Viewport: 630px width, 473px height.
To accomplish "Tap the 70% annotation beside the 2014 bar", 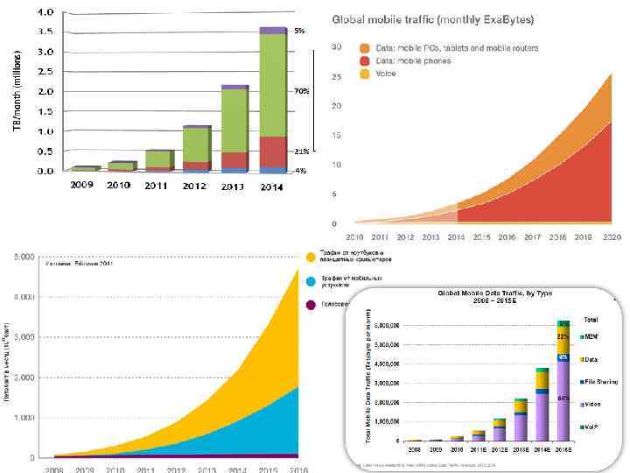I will point(300,90).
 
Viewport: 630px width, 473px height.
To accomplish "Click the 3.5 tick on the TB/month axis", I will point(44,31).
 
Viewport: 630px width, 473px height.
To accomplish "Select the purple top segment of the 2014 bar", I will point(274,30).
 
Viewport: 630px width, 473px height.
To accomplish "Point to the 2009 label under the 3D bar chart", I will point(81,185).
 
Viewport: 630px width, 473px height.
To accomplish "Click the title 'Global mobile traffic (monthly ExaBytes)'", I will point(432,19).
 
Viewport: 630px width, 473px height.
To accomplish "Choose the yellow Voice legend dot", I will point(365,74).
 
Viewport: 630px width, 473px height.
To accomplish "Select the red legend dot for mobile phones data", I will point(365,60).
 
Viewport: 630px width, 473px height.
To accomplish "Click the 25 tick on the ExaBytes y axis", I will point(335,76).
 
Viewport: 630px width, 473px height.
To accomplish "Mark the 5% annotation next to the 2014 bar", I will point(299,31).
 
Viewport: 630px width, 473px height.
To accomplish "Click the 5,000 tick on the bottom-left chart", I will point(24,257).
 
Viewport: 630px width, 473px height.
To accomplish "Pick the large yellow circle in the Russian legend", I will point(311,257).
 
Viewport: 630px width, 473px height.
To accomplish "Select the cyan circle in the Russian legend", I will point(311,281).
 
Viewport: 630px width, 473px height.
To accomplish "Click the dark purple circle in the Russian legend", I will point(311,305).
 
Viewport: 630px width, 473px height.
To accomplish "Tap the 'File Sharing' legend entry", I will point(596,381).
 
